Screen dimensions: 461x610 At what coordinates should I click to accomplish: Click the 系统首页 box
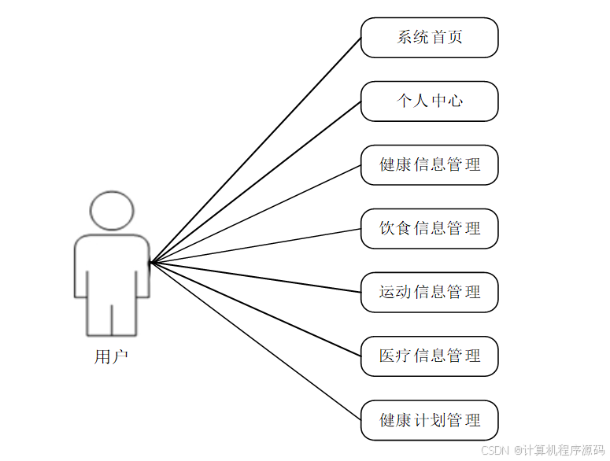click(x=429, y=38)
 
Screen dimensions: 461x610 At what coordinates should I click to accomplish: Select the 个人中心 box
click(x=429, y=101)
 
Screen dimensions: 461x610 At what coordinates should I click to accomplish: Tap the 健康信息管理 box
click(x=429, y=165)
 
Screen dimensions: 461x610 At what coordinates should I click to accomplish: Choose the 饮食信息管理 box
click(x=429, y=229)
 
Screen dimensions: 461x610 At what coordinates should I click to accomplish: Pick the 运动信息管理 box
click(x=429, y=293)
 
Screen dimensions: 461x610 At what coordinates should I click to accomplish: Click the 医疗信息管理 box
click(x=429, y=356)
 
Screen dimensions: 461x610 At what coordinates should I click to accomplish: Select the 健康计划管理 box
click(x=429, y=420)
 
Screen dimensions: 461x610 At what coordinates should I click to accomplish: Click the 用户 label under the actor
click(x=111, y=357)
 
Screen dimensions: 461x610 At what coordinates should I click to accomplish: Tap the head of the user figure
click(x=111, y=210)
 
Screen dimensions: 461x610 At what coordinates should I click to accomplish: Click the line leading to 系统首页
click(x=255, y=150)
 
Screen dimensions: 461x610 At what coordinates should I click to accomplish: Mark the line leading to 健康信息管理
click(x=255, y=214)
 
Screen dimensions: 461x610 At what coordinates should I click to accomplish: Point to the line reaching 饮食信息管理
click(x=255, y=246)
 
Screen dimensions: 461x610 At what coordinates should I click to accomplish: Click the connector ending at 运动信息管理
click(x=255, y=278)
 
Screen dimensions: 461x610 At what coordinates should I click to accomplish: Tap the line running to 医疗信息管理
click(x=255, y=310)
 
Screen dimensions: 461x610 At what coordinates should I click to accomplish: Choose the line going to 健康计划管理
click(x=255, y=341)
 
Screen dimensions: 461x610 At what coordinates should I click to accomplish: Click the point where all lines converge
click(x=150, y=263)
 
